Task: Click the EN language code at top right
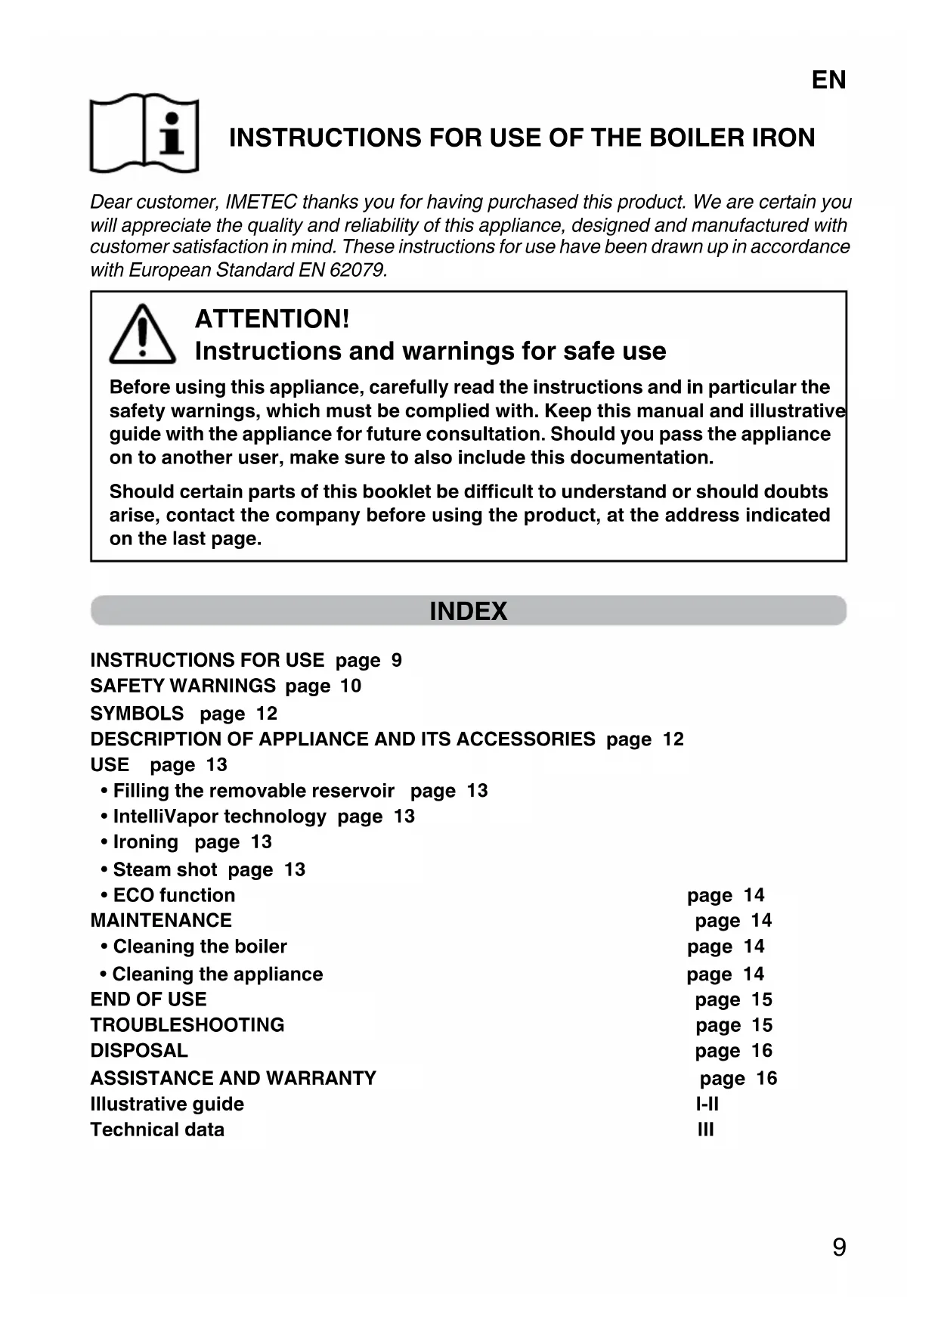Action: (x=828, y=80)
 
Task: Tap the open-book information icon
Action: (x=144, y=134)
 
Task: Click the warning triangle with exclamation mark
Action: (x=142, y=334)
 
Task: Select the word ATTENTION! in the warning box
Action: (x=272, y=319)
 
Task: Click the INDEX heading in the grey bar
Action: (x=468, y=611)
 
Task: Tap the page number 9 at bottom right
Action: (x=838, y=1247)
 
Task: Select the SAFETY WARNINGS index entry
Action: (x=183, y=686)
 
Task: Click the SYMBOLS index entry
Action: (x=137, y=713)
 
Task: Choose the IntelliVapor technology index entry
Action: (x=219, y=816)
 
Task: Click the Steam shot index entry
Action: (x=165, y=869)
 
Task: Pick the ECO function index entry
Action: (x=174, y=895)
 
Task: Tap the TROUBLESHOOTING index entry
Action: (x=187, y=1025)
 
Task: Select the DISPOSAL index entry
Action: (x=139, y=1051)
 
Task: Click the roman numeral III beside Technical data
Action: (x=705, y=1129)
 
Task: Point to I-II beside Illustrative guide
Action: (x=707, y=1104)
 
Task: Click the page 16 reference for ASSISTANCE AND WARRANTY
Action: (x=738, y=1078)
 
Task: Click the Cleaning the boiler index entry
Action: (x=200, y=946)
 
